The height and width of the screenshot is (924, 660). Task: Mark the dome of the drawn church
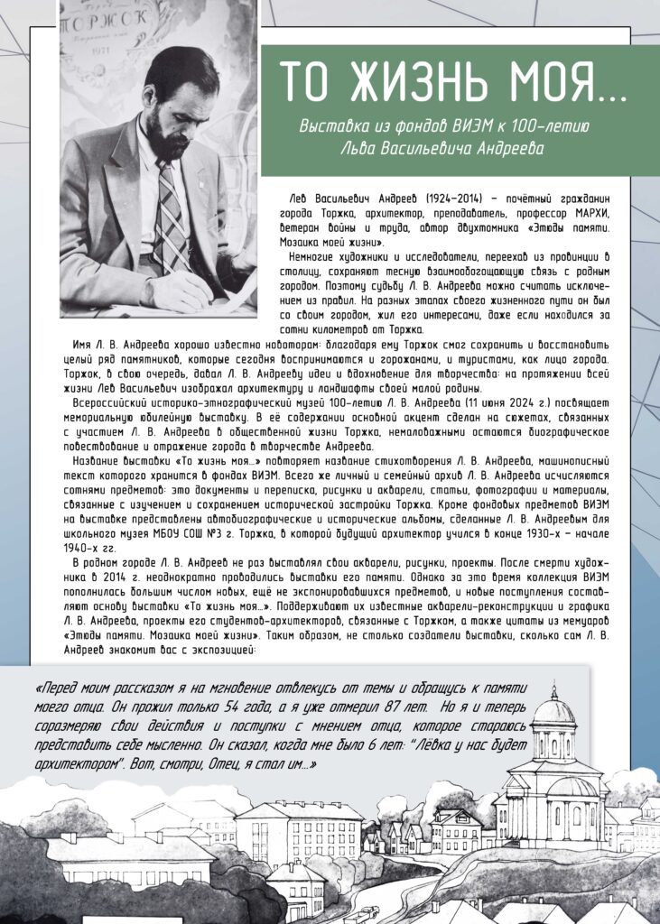tap(553, 713)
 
